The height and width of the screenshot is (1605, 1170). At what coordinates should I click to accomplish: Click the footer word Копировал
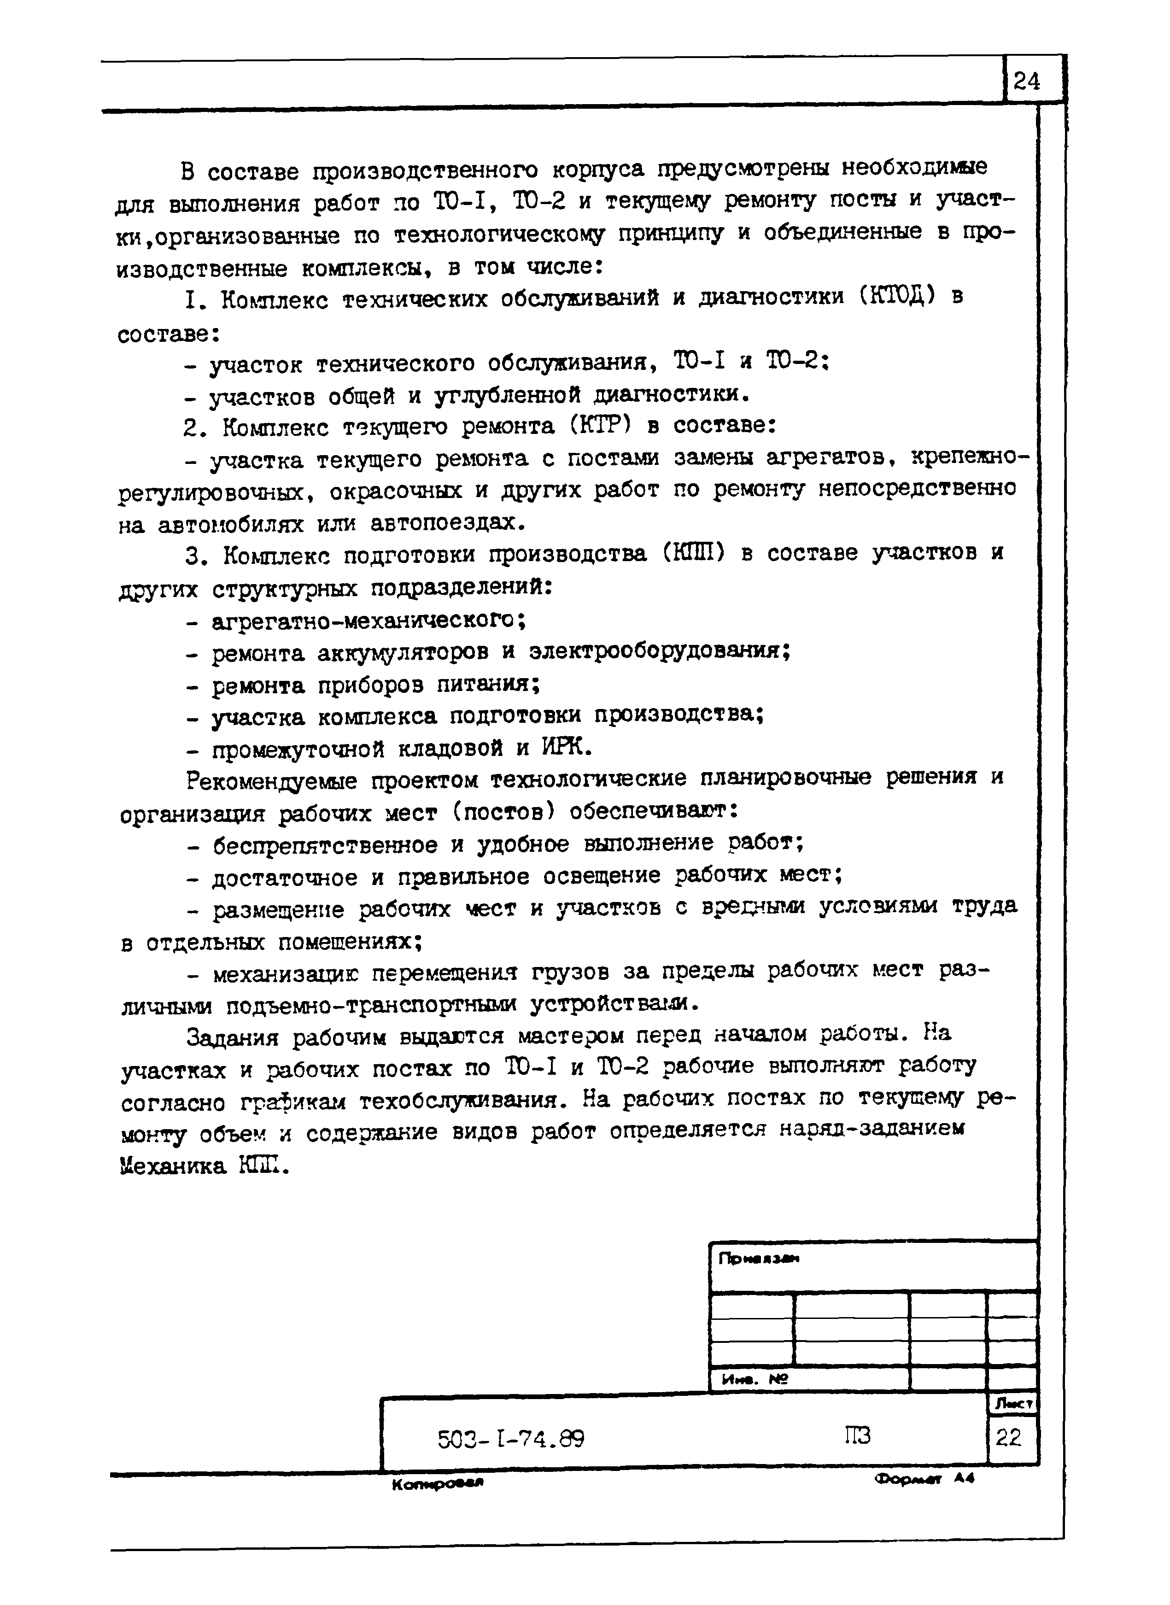[x=437, y=1483]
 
